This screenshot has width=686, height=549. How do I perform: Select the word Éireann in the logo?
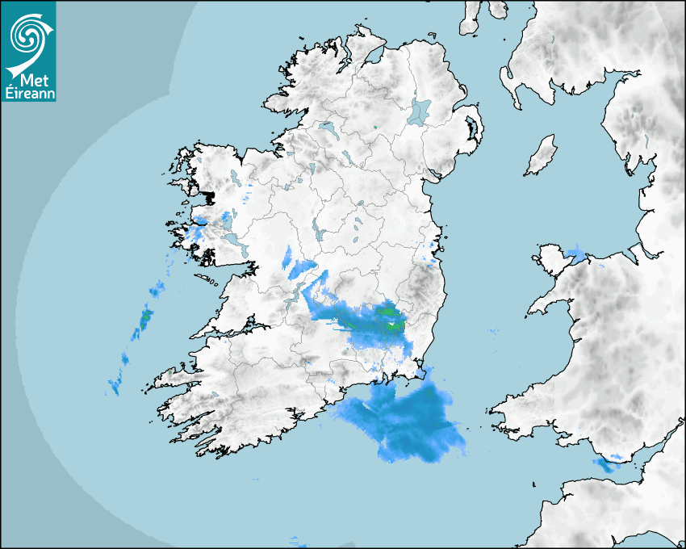(x=28, y=94)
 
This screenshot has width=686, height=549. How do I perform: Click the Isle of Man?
(x=542, y=156)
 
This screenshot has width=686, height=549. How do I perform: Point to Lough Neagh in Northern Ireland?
(x=420, y=111)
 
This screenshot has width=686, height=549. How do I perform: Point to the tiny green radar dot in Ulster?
(x=376, y=127)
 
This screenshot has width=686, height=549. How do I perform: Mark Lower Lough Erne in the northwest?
(x=328, y=128)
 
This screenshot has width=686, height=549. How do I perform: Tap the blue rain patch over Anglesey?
(x=576, y=253)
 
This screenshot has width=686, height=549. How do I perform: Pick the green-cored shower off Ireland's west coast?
(x=145, y=319)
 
